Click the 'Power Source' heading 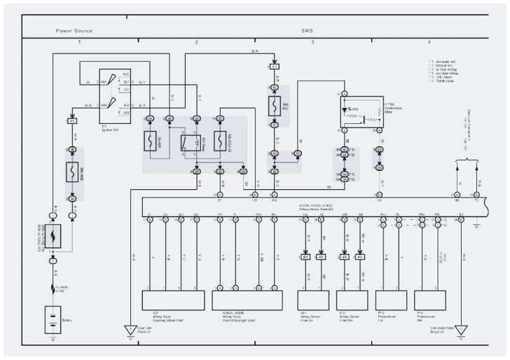(x=74, y=31)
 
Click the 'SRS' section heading (x=307, y=31)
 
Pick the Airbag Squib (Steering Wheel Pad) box (x=172, y=300)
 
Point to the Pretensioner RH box (x=430, y=300)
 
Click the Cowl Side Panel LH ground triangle (x=129, y=330)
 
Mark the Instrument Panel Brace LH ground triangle (x=460, y=330)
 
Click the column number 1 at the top (x=79, y=43)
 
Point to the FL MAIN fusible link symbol (x=53, y=286)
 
